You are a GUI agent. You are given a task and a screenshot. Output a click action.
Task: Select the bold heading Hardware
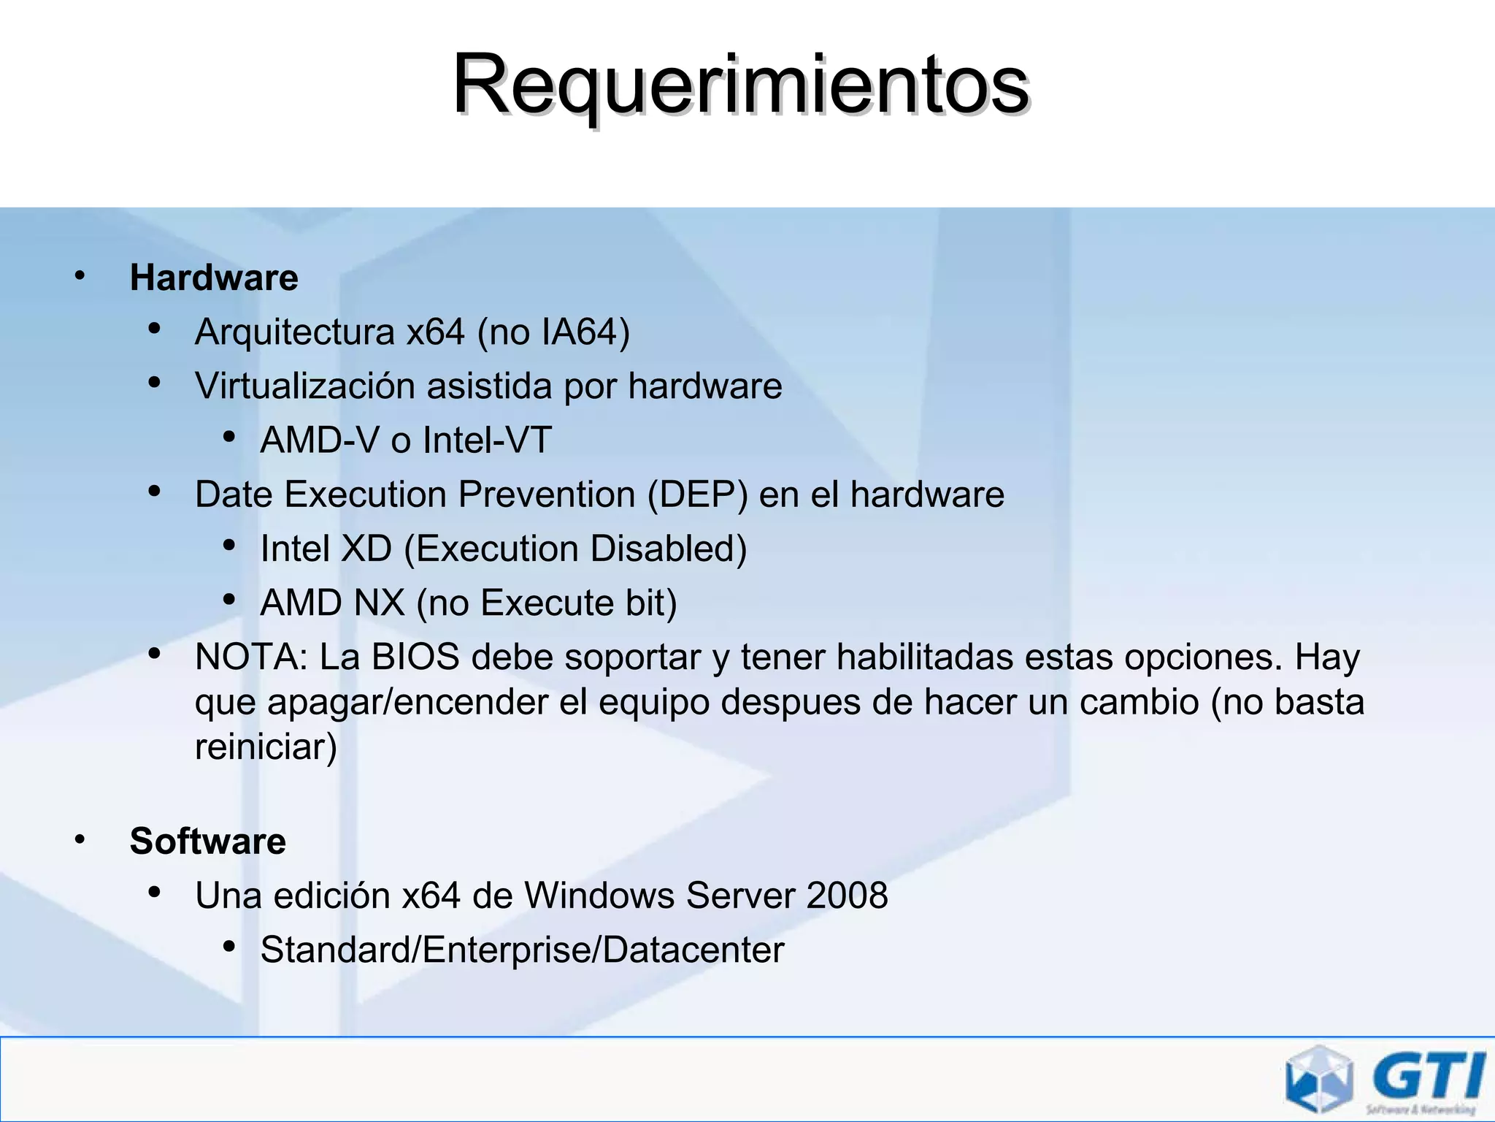214,278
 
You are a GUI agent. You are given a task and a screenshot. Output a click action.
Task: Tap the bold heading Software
207,841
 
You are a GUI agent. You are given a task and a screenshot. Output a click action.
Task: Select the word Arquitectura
294,332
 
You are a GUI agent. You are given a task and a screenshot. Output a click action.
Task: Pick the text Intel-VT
487,440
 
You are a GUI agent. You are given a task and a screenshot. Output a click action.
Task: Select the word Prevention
547,495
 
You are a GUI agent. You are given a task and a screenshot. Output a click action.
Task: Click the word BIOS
415,657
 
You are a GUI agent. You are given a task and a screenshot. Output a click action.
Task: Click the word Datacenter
693,950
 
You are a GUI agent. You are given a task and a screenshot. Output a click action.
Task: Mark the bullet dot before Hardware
80,277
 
